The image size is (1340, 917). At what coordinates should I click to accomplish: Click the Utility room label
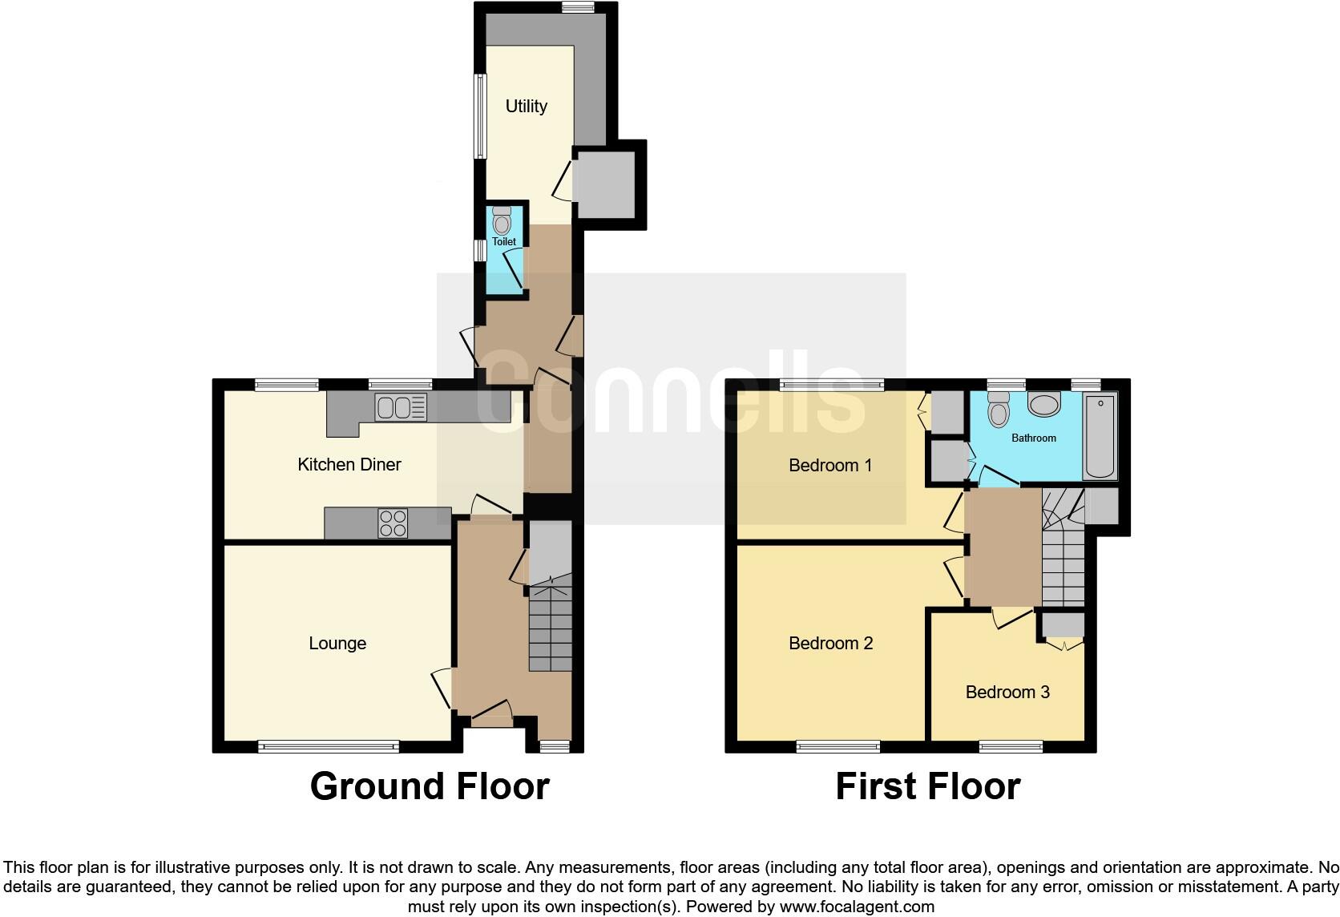click(526, 106)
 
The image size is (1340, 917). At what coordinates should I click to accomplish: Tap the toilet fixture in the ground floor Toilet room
click(502, 220)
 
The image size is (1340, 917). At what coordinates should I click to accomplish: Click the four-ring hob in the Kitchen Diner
click(393, 523)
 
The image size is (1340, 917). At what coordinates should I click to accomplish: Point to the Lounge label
click(337, 643)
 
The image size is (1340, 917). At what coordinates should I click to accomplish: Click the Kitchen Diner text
click(349, 464)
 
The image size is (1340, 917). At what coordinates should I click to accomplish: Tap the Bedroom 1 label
click(830, 465)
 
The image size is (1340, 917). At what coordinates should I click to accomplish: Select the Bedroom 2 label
click(830, 643)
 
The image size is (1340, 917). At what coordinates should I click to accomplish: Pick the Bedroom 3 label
click(1007, 692)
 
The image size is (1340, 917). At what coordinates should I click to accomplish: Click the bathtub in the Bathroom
click(1100, 436)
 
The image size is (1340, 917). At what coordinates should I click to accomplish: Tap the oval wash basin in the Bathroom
click(1043, 405)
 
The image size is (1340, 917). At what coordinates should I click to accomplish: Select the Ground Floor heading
click(430, 786)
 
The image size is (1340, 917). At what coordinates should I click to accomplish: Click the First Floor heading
click(927, 786)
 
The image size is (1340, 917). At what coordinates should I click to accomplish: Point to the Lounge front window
click(329, 746)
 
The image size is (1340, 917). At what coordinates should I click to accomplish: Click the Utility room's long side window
click(479, 116)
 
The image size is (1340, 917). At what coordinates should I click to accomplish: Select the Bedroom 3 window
click(1011, 746)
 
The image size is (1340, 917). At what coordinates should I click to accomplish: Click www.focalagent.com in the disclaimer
click(857, 907)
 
